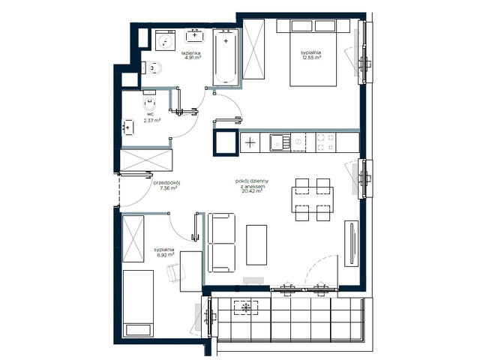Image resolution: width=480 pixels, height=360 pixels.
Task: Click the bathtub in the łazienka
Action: point(225,57)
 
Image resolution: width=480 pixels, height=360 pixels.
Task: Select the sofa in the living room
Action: point(220,243)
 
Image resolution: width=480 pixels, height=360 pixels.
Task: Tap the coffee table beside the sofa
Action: point(256,245)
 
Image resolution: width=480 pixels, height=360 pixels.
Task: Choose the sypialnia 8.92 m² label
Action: point(165,251)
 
